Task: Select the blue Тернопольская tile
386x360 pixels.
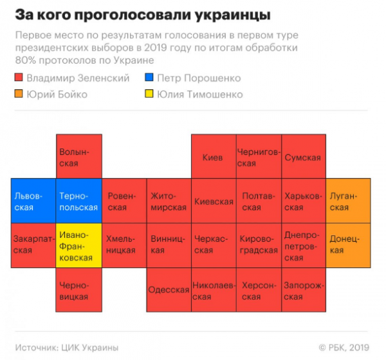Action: click(x=78, y=201)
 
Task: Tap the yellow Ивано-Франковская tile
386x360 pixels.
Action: click(x=78, y=245)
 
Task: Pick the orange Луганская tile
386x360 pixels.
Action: click(x=348, y=201)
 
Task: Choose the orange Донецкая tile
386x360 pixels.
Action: click(x=348, y=245)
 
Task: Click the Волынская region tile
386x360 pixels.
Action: click(x=78, y=156)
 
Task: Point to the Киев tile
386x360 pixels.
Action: click(x=213, y=156)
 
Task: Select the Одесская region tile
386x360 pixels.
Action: click(x=169, y=289)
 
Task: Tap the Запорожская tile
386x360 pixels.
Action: click(x=302, y=289)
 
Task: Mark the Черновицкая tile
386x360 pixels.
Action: click(x=78, y=289)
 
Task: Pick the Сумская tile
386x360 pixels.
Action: click(x=302, y=156)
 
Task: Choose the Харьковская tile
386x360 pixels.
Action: click(x=302, y=201)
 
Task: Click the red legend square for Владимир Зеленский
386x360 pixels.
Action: click(x=18, y=78)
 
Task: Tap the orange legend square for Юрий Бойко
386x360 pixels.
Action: click(x=18, y=94)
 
